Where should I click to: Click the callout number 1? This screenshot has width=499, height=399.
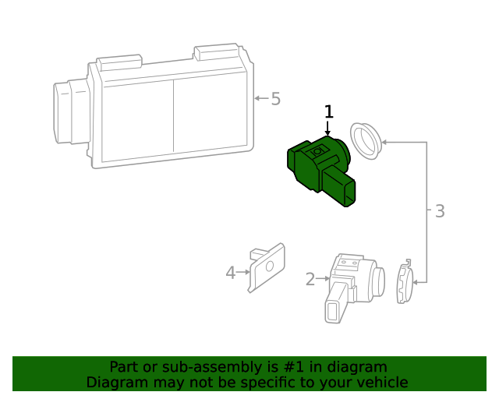click(328, 112)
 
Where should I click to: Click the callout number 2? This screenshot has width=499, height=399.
click(310, 278)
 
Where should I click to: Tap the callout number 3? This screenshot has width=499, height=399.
click(440, 210)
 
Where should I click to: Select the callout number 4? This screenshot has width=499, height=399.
click(230, 273)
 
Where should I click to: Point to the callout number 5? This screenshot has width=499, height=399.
click(275, 99)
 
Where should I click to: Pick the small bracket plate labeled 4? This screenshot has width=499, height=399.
click(266, 267)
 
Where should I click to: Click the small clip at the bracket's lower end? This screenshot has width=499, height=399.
click(403, 283)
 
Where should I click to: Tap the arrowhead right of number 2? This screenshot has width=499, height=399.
click(327, 277)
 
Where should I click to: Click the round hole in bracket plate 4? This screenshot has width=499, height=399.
click(269, 266)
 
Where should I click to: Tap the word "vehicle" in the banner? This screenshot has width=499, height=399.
click(382, 383)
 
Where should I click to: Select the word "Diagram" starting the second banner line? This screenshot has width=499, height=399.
click(114, 383)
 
